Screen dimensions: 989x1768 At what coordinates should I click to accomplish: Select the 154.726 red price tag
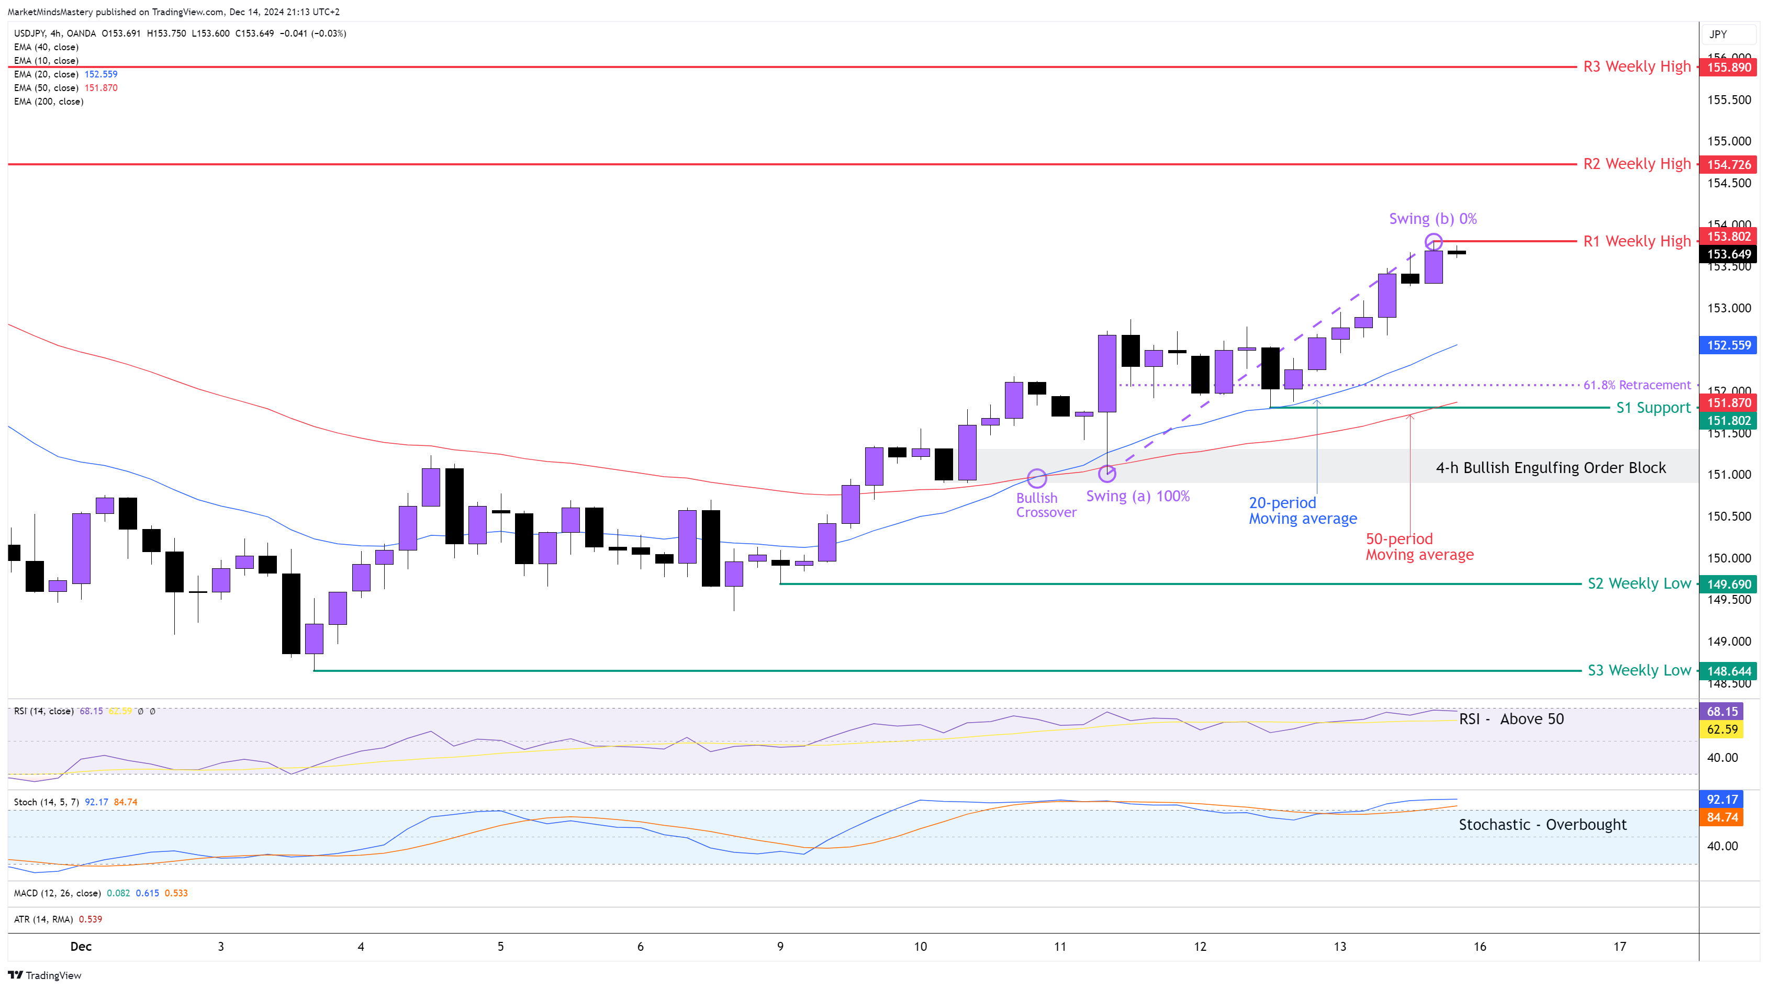(1728, 165)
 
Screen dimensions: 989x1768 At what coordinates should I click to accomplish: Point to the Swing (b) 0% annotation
(1433, 219)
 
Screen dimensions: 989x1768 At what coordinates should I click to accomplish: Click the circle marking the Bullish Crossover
(1036, 478)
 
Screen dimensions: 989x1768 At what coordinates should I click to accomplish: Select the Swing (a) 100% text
(1137, 496)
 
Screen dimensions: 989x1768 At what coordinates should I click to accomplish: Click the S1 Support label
(1653, 408)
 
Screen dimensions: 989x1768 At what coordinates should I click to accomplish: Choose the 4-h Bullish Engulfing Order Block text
(1550, 468)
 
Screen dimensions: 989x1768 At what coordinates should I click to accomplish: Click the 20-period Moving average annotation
(1302, 511)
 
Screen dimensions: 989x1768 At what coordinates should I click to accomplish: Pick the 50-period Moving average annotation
(1419, 547)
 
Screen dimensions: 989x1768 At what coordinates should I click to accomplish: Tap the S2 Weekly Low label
(1639, 584)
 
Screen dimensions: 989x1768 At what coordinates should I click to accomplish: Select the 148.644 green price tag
(1728, 671)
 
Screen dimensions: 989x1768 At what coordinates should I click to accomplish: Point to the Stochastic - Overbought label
(1542, 825)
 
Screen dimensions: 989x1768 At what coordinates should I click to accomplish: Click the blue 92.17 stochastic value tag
(1722, 800)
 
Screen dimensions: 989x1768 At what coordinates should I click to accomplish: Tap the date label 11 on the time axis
(1060, 947)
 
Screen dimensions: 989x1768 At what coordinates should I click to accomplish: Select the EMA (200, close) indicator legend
(49, 102)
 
